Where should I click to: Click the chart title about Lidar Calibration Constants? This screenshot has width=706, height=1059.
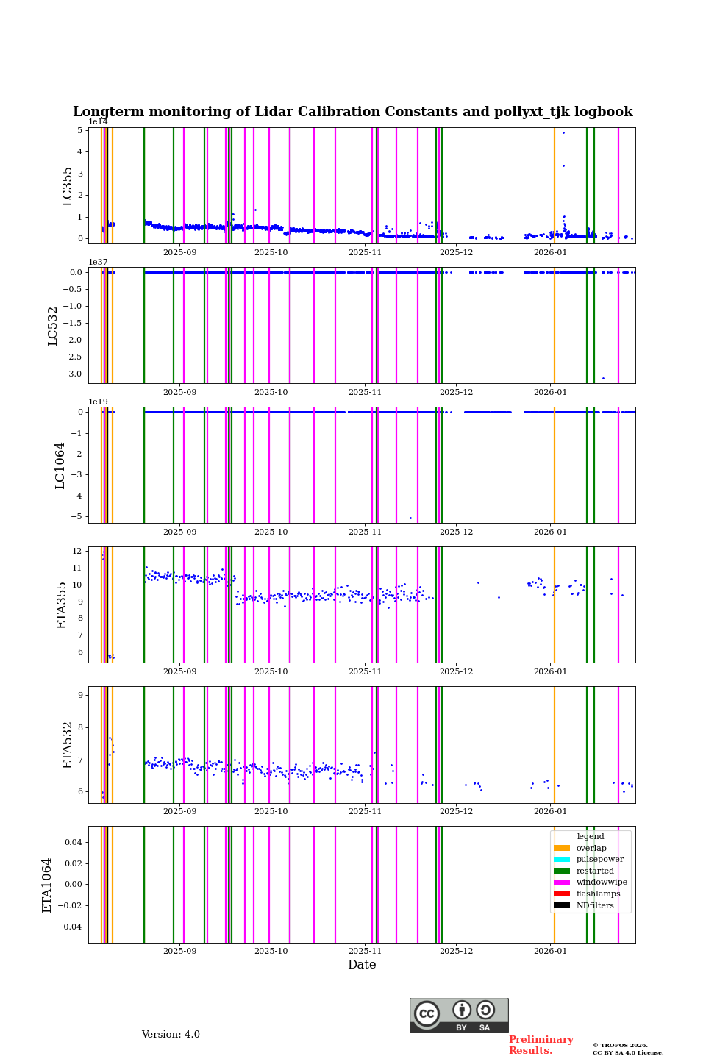pyautogui.click(x=352, y=112)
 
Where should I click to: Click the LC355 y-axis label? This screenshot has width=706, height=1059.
pyautogui.click(x=68, y=186)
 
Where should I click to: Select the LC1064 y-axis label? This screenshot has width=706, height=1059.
pyautogui.click(x=60, y=466)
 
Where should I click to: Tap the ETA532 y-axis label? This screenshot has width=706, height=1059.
pyautogui.click(x=68, y=744)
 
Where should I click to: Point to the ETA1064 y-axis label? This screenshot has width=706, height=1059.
pyautogui.click(x=47, y=885)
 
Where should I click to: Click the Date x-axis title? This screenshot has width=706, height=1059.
pyautogui.click(x=362, y=965)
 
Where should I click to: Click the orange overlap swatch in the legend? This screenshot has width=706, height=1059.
pyautogui.click(x=562, y=848)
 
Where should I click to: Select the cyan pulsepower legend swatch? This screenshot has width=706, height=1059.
pyautogui.click(x=562, y=860)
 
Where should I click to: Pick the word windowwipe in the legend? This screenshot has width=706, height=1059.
pyautogui.click(x=602, y=883)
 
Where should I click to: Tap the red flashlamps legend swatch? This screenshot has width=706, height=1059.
pyautogui.click(x=562, y=894)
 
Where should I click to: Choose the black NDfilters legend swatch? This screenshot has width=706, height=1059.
pyautogui.click(x=562, y=905)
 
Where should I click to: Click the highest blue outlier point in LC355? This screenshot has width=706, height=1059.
pyautogui.click(x=563, y=132)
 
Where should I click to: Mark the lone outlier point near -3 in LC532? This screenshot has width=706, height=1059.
pyautogui.click(x=603, y=378)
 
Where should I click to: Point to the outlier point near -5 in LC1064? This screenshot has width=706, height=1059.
pyautogui.click(x=410, y=518)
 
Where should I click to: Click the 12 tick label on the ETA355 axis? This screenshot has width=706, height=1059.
pyautogui.click(x=76, y=551)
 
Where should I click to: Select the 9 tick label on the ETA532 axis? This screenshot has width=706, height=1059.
pyautogui.click(x=79, y=695)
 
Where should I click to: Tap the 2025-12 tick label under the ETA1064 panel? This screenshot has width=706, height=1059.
pyautogui.click(x=456, y=951)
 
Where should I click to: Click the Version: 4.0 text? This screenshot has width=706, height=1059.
pyautogui.click(x=171, y=1035)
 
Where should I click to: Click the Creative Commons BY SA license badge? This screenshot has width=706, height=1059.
pyautogui.click(x=459, y=1015)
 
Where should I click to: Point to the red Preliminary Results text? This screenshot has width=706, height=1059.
pyautogui.click(x=541, y=1045)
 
